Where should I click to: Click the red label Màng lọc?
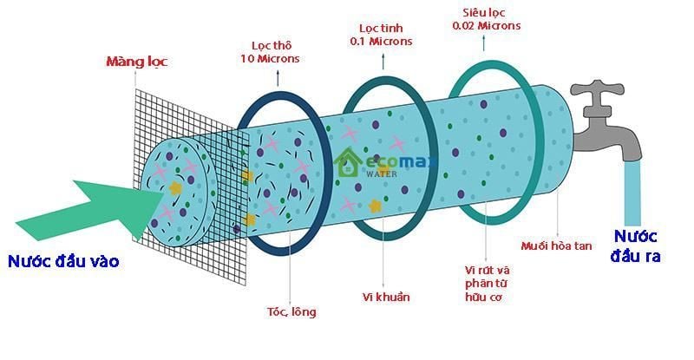click(x=136, y=62)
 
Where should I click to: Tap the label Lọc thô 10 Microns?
click(x=270, y=51)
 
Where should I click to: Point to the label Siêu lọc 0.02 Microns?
click(x=487, y=18)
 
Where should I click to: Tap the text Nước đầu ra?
click(x=640, y=245)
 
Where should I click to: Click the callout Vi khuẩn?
click(x=386, y=298)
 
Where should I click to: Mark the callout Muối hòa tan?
click(x=557, y=246)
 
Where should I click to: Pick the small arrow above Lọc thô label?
click(x=278, y=75)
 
